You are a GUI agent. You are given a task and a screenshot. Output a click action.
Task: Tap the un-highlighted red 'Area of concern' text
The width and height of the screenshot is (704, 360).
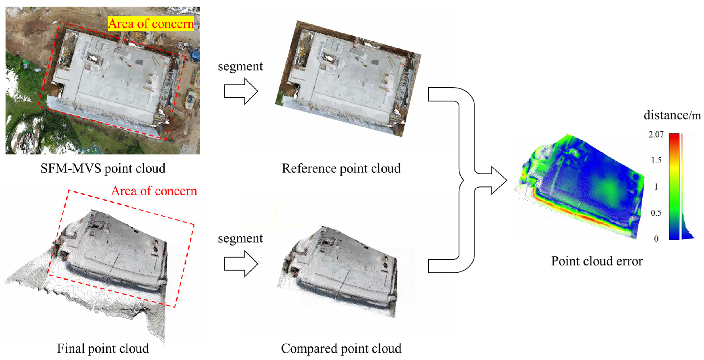[154, 191]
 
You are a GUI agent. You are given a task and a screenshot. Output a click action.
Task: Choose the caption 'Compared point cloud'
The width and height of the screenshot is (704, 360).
[341, 348]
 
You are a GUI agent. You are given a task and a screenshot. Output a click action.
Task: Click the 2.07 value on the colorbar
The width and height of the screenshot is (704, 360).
[656, 134]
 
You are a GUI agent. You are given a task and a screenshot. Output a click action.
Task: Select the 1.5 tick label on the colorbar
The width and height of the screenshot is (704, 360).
[656, 160]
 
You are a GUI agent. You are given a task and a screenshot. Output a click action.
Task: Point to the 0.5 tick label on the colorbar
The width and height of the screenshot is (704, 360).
[656, 213]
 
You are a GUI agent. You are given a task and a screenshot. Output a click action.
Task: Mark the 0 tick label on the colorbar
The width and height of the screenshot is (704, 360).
[656, 239]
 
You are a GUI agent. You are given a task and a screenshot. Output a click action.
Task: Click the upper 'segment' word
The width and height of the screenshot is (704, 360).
[240, 66]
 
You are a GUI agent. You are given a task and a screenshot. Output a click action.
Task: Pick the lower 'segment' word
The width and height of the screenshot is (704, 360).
[240, 238]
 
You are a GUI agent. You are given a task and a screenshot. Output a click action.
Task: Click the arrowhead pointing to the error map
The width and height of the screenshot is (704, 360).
[499, 180]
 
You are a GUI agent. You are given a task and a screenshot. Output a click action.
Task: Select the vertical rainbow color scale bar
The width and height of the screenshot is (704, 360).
[674, 186]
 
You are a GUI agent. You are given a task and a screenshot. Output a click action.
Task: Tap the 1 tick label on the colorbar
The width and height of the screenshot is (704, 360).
[656, 187]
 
